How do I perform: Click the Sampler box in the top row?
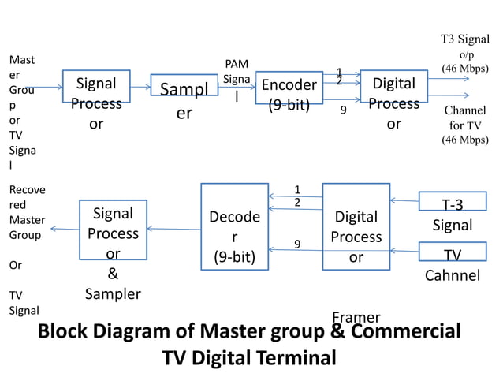pos(184,85)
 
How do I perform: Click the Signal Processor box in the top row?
pos(96,91)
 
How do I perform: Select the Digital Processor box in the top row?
pos(393,91)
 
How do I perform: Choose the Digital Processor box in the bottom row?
pos(356,227)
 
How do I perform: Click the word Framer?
pos(356,317)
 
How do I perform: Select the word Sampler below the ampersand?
pos(113,294)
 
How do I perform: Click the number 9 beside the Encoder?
pos(343,110)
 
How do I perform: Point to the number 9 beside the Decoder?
pos(297,244)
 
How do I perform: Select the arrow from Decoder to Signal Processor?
pos(173,230)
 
